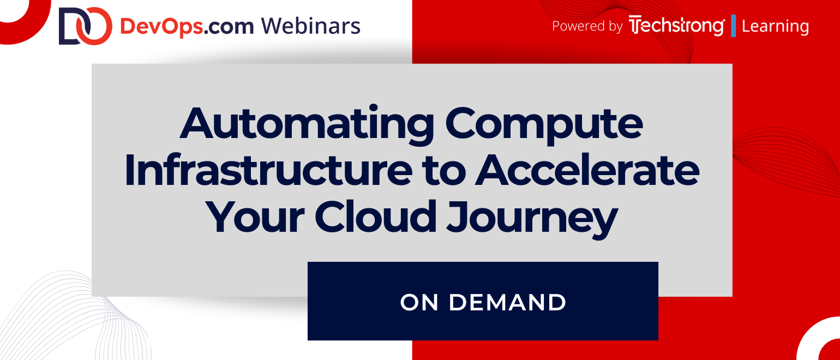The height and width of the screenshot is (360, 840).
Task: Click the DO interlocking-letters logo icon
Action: tap(86, 26)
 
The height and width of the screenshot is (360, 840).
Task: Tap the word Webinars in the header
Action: tap(311, 26)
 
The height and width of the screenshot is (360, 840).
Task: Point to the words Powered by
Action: tap(587, 26)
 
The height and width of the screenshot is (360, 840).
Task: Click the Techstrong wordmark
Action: tap(677, 26)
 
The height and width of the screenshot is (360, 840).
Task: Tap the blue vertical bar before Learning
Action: tap(734, 26)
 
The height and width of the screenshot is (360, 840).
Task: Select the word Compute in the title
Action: tap(544, 124)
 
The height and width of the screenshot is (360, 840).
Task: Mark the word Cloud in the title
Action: tap(375, 216)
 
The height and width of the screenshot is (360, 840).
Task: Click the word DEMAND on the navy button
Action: tap(507, 302)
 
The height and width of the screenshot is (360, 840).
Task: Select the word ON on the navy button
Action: tap(419, 302)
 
